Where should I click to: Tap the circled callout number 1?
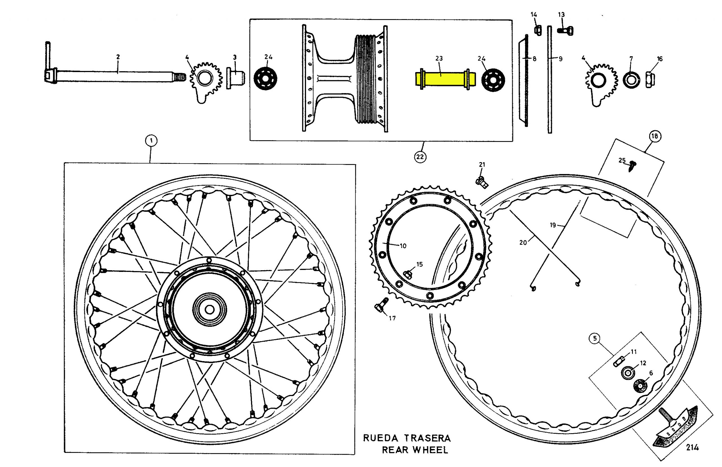(151, 140)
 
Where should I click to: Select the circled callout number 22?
(420, 157)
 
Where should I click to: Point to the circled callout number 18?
(655, 136)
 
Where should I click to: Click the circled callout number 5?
(595, 338)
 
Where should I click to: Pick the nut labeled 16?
(650, 80)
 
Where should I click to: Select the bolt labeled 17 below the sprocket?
(381, 306)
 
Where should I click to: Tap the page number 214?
(692, 447)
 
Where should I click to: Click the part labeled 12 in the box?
(626, 373)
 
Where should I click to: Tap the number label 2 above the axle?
(118, 57)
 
